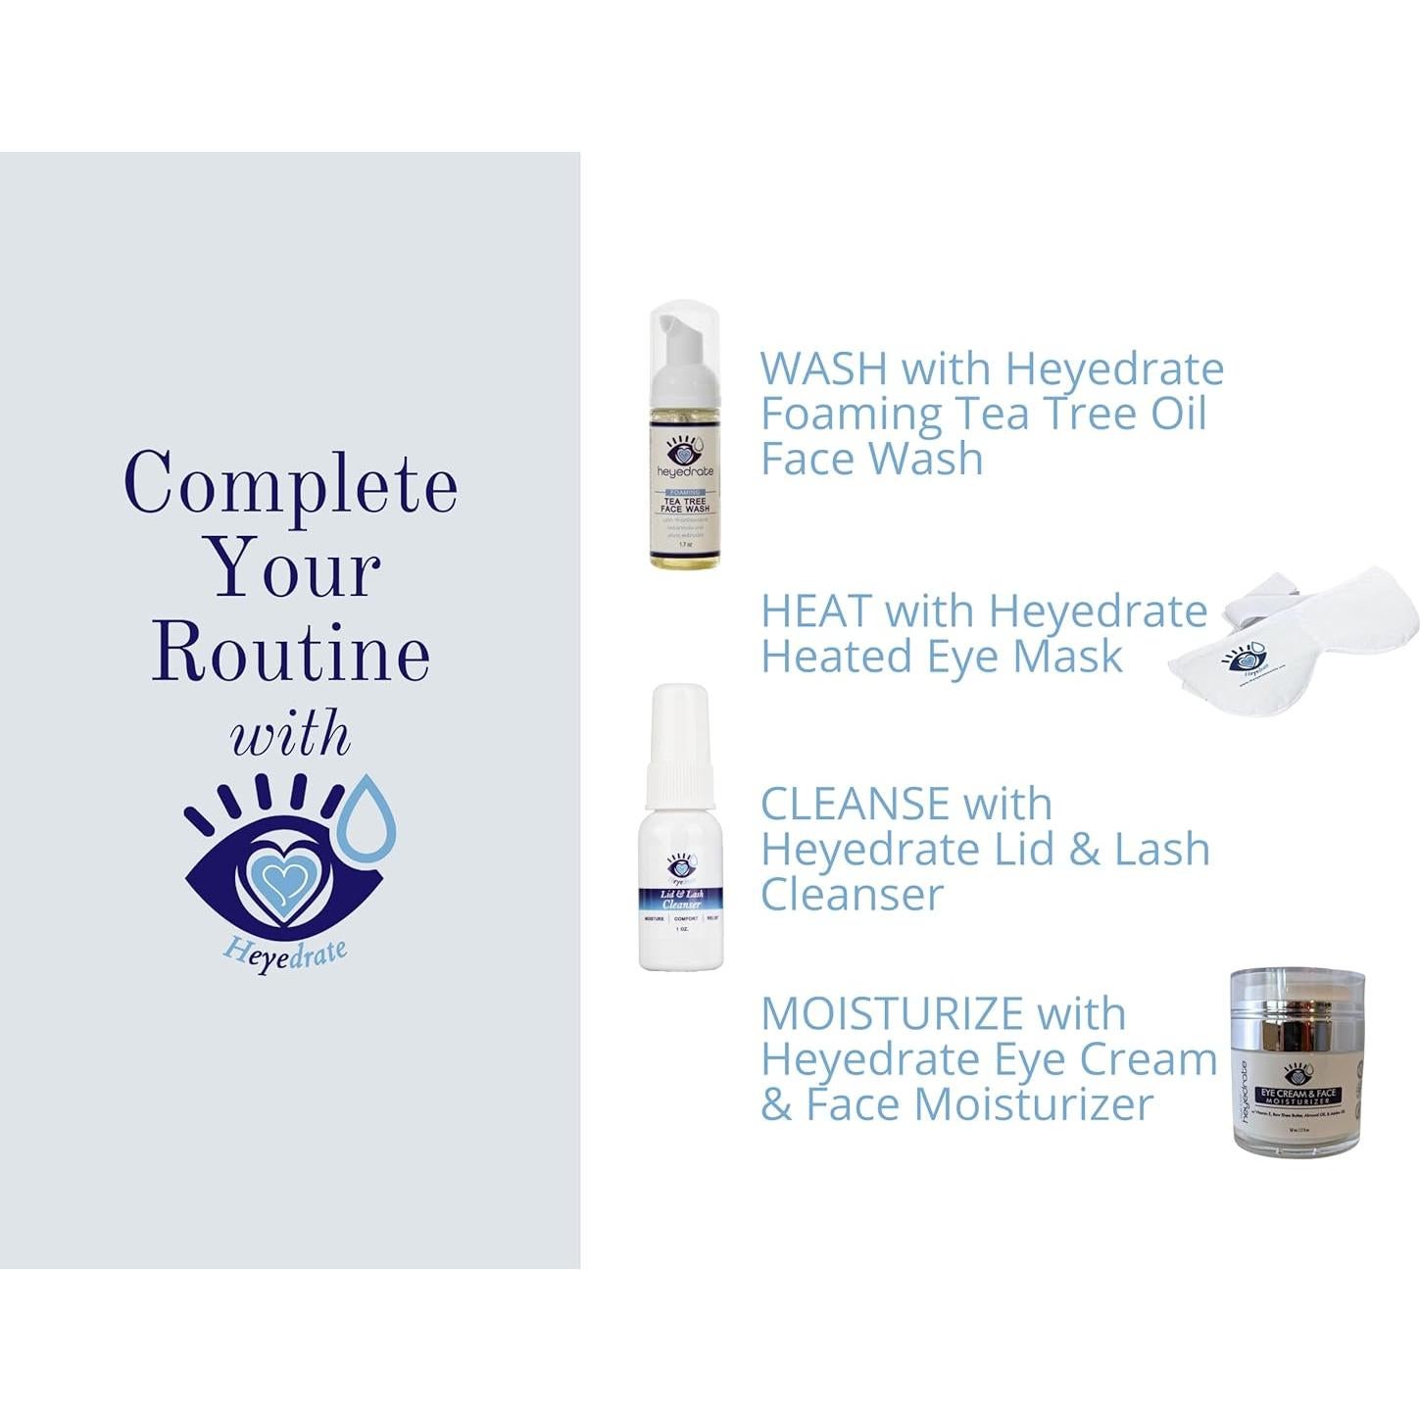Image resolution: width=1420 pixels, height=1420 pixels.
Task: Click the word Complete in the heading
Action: click(290, 483)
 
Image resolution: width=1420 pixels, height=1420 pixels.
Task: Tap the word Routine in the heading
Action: click(291, 653)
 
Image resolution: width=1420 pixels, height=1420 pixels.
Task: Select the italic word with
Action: click(290, 735)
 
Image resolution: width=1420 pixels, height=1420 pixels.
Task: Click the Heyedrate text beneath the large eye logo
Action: click(285, 953)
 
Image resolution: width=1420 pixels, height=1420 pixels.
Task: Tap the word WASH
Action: click(823, 369)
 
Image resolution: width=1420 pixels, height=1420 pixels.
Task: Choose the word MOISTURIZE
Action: click(892, 1014)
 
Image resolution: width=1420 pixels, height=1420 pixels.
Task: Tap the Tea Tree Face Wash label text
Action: click(684, 505)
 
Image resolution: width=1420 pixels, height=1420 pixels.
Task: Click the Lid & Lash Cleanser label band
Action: click(681, 899)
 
